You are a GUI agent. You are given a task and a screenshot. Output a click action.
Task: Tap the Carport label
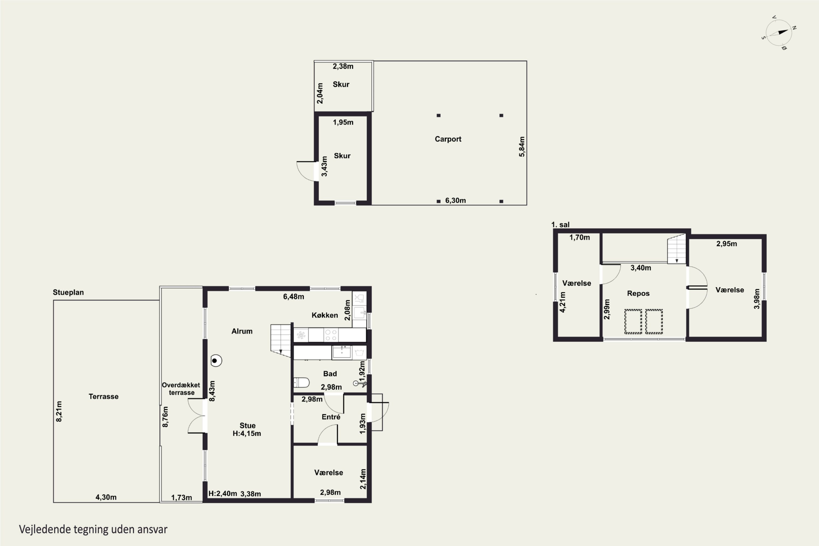(448, 139)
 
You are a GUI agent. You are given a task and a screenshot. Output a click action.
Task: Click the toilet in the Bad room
(301, 383)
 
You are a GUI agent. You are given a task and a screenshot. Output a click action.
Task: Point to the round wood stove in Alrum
(216, 360)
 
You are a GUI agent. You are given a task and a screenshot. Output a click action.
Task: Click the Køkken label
(325, 315)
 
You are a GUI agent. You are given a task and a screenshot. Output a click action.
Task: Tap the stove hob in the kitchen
(331, 335)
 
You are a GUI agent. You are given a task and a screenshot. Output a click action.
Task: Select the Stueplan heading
(68, 292)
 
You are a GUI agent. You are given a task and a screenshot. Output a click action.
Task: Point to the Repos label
(638, 293)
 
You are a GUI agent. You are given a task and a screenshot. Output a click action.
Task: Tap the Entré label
(331, 417)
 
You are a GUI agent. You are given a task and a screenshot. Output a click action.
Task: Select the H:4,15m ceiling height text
(247, 434)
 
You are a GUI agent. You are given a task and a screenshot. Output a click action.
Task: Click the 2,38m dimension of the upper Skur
(343, 66)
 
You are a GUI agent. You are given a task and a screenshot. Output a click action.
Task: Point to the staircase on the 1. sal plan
(676, 249)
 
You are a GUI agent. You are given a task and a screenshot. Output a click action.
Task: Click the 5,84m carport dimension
(522, 146)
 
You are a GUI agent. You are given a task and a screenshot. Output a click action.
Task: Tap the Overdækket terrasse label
(181, 388)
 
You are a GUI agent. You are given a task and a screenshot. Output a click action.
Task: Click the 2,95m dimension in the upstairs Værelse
(726, 244)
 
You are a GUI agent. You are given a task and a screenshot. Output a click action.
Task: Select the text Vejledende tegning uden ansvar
(93, 529)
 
